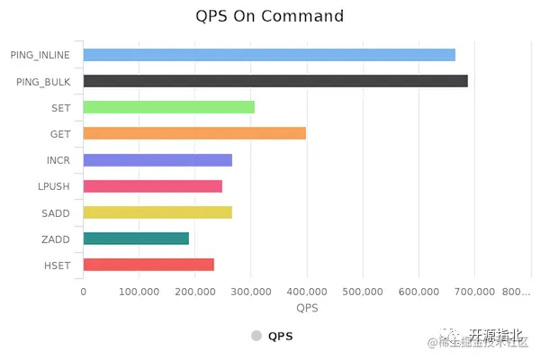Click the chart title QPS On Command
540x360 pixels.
click(x=269, y=16)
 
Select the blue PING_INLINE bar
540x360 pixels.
click(x=269, y=55)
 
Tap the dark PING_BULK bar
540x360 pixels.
click(x=275, y=81)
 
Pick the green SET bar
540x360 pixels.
click(x=168, y=107)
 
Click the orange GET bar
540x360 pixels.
click(x=194, y=133)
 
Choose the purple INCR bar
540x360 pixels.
click(x=157, y=160)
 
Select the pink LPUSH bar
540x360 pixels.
click(x=152, y=186)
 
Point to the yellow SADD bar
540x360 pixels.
click(x=157, y=212)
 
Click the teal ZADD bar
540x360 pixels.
click(x=136, y=238)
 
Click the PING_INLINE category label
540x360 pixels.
click(x=40, y=55)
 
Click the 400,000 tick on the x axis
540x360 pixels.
click(x=307, y=292)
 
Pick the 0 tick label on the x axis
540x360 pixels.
click(x=84, y=292)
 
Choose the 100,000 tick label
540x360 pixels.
click(x=139, y=292)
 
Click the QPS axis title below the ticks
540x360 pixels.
click(x=307, y=308)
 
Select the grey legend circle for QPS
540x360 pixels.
click(x=256, y=336)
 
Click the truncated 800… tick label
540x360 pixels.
click(x=517, y=292)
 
